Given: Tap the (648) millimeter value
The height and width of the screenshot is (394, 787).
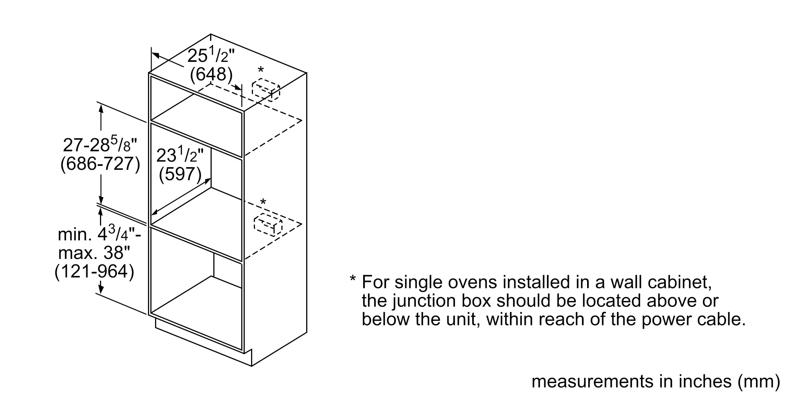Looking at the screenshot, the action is click(x=211, y=74).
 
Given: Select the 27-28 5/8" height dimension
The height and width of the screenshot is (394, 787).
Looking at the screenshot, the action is click(x=100, y=145).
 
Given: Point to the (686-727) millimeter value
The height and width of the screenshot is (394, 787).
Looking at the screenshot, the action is click(x=100, y=164).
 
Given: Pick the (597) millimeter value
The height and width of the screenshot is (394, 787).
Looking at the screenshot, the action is click(x=180, y=174).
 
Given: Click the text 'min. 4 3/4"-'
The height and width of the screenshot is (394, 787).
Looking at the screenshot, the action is click(x=99, y=234).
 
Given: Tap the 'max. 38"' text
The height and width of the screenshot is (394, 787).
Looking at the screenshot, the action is click(x=94, y=253).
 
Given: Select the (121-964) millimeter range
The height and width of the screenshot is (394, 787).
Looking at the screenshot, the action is click(x=94, y=271).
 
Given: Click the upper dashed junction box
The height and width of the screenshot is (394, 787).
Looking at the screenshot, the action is click(x=266, y=90).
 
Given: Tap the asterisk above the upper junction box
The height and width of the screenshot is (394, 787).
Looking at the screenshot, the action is click(x=260, y=71).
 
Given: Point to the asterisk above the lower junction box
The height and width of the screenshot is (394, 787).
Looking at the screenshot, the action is click(x=263, y=202).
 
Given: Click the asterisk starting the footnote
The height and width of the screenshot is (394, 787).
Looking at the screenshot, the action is click(x=353, y=279).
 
